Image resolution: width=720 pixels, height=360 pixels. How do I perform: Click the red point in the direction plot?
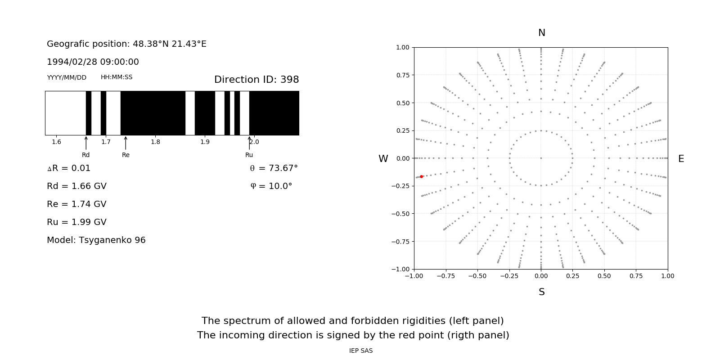click(x=421, y=177)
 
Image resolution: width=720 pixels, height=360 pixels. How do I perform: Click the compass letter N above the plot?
click(x=542, y=33)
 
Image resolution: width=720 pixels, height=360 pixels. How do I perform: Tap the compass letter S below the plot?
click(x=542, y=292)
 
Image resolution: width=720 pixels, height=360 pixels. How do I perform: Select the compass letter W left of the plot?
click(x=383, y=159)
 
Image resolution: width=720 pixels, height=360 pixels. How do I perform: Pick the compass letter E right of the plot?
click(x=681, y=159)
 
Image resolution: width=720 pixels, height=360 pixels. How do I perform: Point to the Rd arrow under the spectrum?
click(x=86, y=143)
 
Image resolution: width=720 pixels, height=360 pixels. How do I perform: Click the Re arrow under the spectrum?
click(x=126, y=143)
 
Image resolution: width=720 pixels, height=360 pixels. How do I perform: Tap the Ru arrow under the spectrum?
click(x=249, y=143)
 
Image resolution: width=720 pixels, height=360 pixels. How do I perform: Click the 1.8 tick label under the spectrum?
click(x=155, y=142)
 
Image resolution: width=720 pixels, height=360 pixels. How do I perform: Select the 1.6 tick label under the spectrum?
click(x=56, y=142)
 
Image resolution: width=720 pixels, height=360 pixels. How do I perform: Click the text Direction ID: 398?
click(x=256, y=80)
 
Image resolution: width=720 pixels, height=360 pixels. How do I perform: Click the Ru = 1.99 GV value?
click(x=76, y=222)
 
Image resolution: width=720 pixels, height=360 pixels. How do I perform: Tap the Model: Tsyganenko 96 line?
click(x=96, y=240)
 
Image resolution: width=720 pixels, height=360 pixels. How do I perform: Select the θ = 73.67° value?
click(x=274, y=168)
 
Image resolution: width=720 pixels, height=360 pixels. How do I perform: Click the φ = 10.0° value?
click(x=271, y=186)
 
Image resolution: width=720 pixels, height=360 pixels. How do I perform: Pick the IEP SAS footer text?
click(x=361, y=351)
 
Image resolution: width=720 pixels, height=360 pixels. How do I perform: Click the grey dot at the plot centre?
click(x=541, y=158)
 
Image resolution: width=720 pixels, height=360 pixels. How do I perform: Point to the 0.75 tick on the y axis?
click(x=403, y=75)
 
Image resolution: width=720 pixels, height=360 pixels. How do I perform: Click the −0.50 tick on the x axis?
click(x=477, y=276)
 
